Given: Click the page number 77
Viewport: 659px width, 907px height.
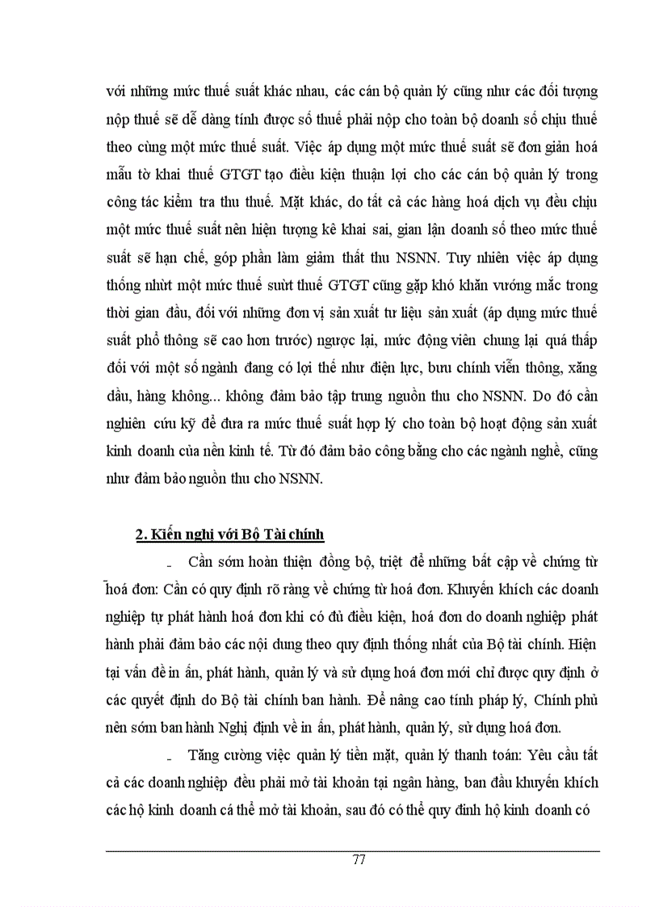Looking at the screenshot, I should click(359, 859).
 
